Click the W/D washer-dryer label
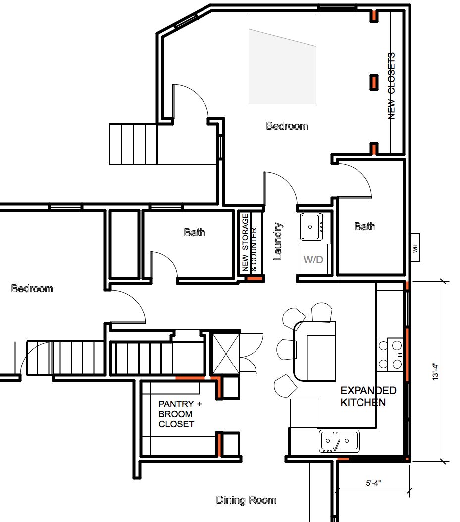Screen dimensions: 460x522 point(313,260)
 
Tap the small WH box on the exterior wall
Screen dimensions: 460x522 point(415,247)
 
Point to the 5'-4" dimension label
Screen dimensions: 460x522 point(373,483)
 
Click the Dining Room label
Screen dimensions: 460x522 point(246,500)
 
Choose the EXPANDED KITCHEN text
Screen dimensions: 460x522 point(368,396)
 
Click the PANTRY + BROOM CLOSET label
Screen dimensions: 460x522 point(180,414)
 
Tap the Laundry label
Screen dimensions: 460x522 point(278,241)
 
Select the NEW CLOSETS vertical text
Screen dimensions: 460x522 point(392,86)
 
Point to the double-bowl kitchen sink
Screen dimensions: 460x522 point(339,441)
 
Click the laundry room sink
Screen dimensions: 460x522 point(311,227)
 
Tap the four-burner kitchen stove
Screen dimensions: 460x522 point(390,355)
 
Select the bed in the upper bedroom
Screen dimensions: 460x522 point(282,59)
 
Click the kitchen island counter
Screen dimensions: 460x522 point(314,351)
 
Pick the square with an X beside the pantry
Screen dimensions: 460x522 point(226,354)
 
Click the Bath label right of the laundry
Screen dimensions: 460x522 point(365,226)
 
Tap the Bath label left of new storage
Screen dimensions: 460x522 point(195,232)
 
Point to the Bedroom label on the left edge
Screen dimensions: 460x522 point(32,288)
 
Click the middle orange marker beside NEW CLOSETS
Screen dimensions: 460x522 point(374,82)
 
